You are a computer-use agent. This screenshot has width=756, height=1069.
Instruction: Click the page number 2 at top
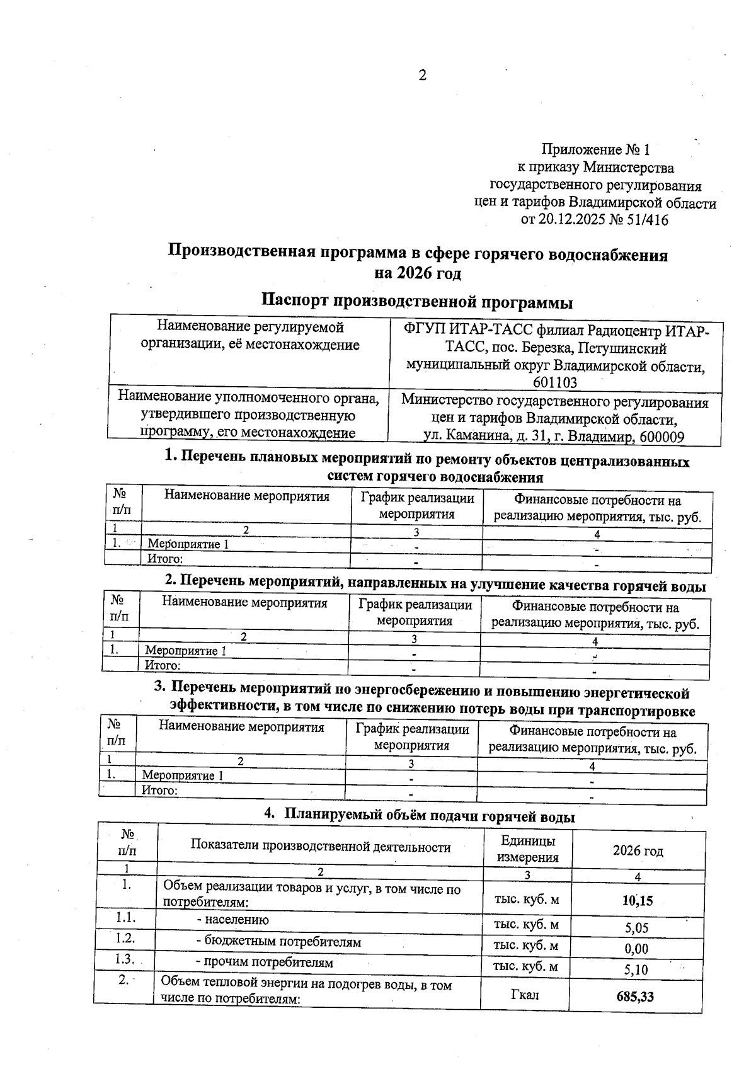tap(422, 76)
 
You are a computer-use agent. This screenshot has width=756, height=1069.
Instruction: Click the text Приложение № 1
tap(595, 150)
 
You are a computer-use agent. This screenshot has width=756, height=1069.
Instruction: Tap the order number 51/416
tap(645, 220)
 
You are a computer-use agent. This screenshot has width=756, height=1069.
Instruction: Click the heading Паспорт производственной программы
tap(417, 302)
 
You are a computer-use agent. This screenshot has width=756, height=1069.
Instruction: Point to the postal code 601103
tap(555, 382)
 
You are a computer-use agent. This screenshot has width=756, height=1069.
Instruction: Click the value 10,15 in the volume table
tap(637, 901)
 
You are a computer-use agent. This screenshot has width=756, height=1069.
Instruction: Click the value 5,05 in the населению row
tap(636, 927)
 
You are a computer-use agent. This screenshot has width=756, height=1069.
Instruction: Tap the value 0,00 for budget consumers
tap(636, 948)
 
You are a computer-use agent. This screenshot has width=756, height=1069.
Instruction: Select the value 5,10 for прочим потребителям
tap(636, 969)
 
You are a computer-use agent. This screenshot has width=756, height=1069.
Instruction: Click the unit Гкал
tap(526, 995)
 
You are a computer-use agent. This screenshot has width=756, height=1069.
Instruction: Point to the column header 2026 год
tap(638, 851)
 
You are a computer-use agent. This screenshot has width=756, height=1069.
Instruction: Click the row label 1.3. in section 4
tap(127, 959)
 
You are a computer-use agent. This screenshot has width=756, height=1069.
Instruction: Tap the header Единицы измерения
tap(527, 849)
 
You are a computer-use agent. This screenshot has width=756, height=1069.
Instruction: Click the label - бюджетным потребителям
tap(278, 942)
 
